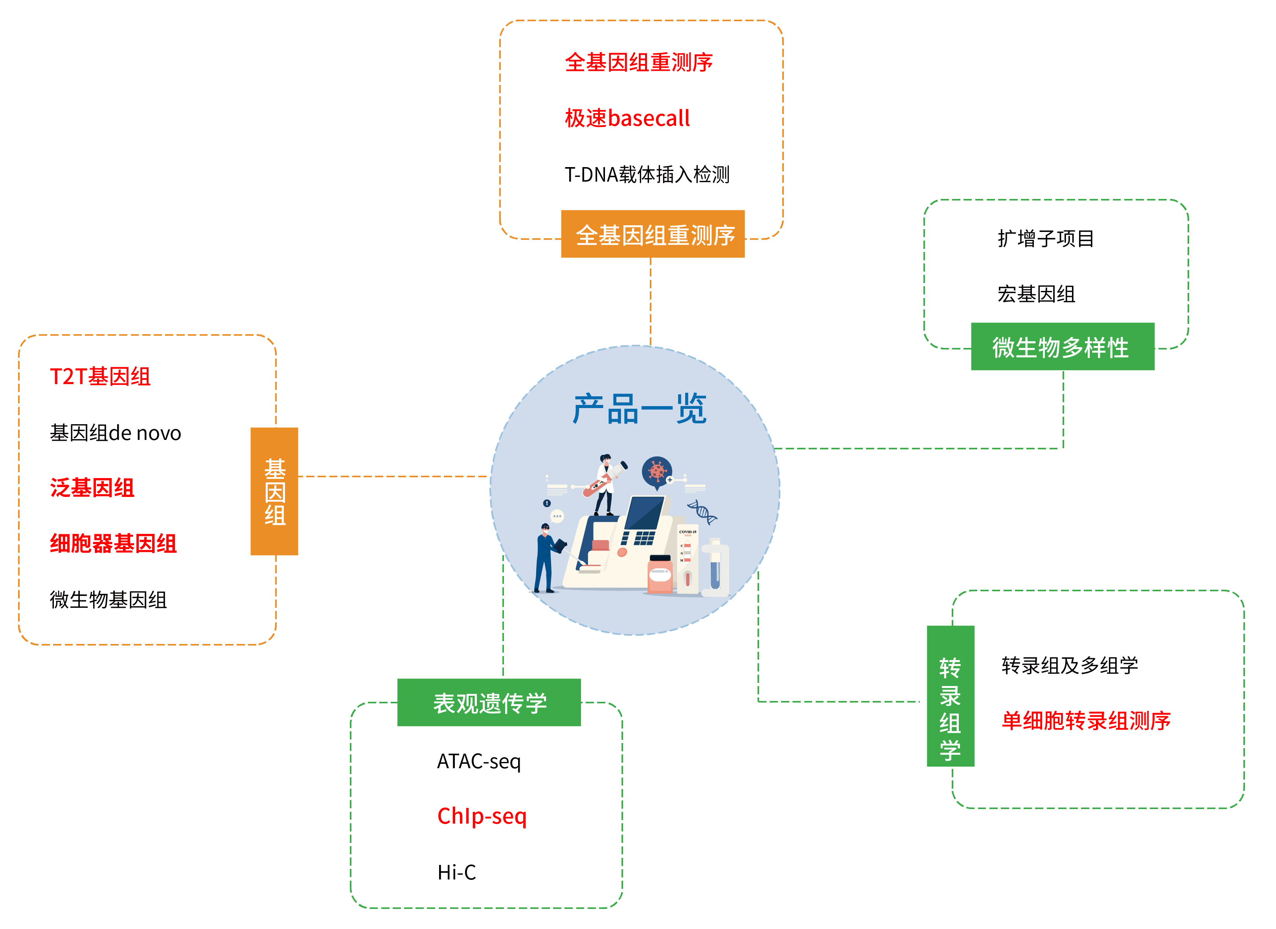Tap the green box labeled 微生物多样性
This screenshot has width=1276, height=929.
[1063, 347]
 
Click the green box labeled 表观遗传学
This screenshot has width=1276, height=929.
[489, 703]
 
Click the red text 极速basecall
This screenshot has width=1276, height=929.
[627, 118]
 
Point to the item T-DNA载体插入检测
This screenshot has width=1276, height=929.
[647, 175]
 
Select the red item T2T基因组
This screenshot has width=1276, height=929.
[100, 377]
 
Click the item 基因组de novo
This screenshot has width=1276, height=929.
[115, 433]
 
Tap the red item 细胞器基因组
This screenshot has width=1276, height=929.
[113, 544]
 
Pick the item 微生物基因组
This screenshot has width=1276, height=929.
[108, 600]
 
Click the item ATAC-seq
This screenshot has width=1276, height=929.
[479, 761]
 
